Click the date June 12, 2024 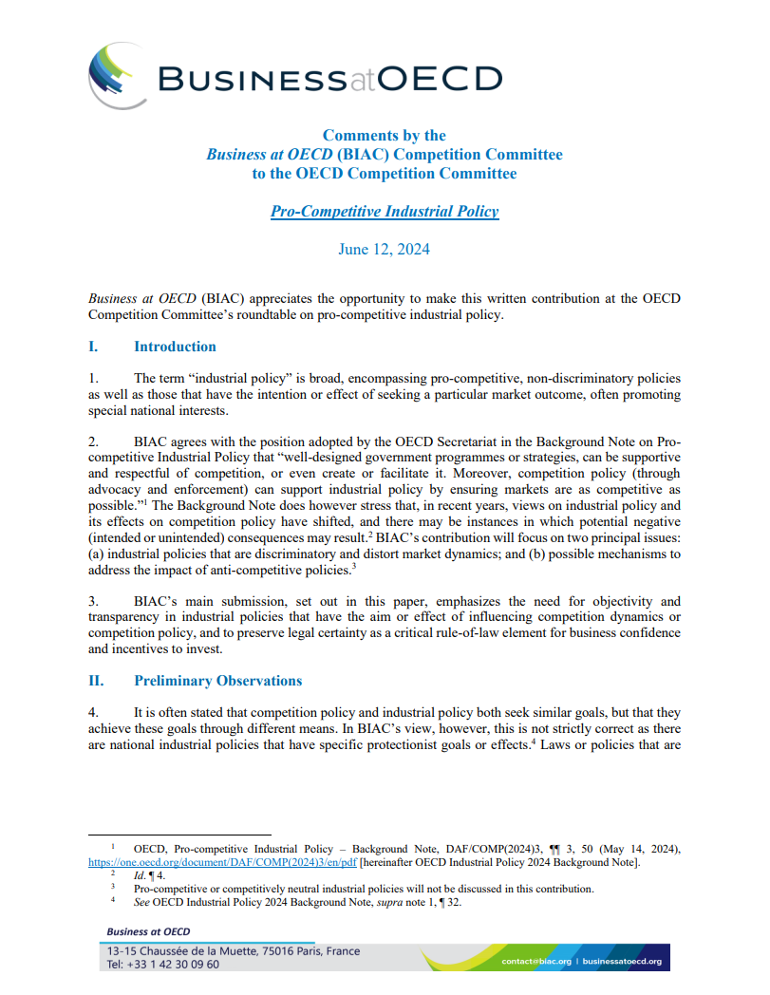point(384,250)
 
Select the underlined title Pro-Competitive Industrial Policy point(384,211)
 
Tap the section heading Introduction point(175,347)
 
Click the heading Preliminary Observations point(217,681)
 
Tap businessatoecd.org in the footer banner point(621,961)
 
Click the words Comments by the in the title point(384,136)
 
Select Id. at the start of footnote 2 point(139,876)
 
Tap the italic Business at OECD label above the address point(148,932)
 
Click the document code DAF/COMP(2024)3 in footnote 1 point(521,849)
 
